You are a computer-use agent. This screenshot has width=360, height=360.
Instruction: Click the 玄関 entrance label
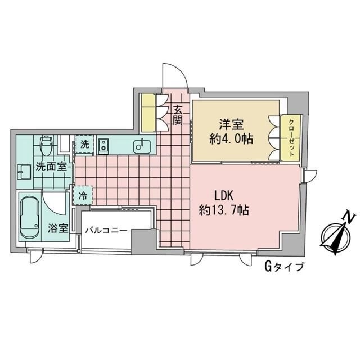pos(178,115)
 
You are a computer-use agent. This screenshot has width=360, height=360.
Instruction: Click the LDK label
pos(224,196)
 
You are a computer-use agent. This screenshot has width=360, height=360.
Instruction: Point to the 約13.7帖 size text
pos(224,211)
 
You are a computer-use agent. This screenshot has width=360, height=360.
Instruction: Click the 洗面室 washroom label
pos(52,167)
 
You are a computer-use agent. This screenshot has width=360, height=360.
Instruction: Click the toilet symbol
pos(47,146)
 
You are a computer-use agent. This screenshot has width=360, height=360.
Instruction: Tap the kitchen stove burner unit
pos(104,146)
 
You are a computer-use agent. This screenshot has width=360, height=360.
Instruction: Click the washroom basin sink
pos(24,170)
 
